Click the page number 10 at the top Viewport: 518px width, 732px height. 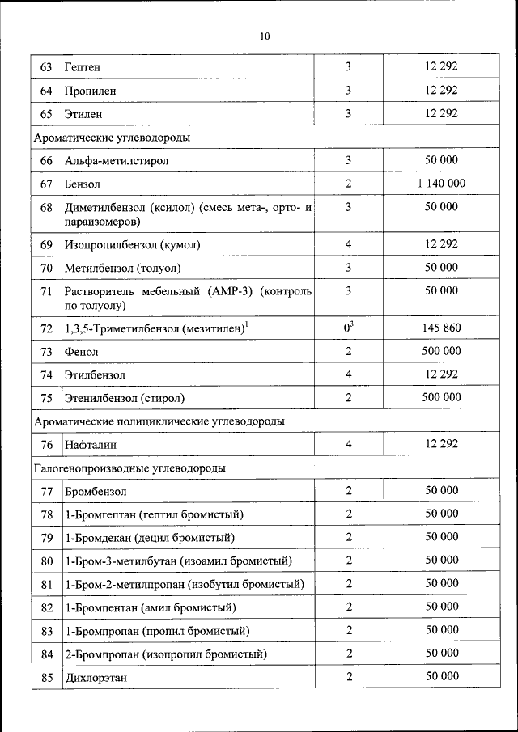(x=265, y=36)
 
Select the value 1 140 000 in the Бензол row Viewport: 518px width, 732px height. (x=441, y=184)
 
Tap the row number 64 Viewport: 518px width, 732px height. (x=46, y=91)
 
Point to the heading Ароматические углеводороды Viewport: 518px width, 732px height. (x=112, y=138)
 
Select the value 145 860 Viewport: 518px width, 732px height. (x=441, y=328)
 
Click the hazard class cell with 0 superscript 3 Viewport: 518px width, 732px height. (x=349, y=328)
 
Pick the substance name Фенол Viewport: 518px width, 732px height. (x=83, y=352)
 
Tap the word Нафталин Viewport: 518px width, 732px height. (x=91, y=444)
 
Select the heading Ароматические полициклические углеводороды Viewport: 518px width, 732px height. (x=158, y=421)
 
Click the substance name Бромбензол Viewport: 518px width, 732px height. (x=96, y=491)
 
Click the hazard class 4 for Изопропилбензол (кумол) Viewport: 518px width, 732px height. (x=349, y=243)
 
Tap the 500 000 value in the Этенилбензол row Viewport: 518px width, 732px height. (x=441, y=397)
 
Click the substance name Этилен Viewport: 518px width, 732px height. (x=83, y=114)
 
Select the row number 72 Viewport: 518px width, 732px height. (x=46, y=328)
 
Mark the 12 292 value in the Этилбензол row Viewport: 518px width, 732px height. (x=441, y=374)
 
